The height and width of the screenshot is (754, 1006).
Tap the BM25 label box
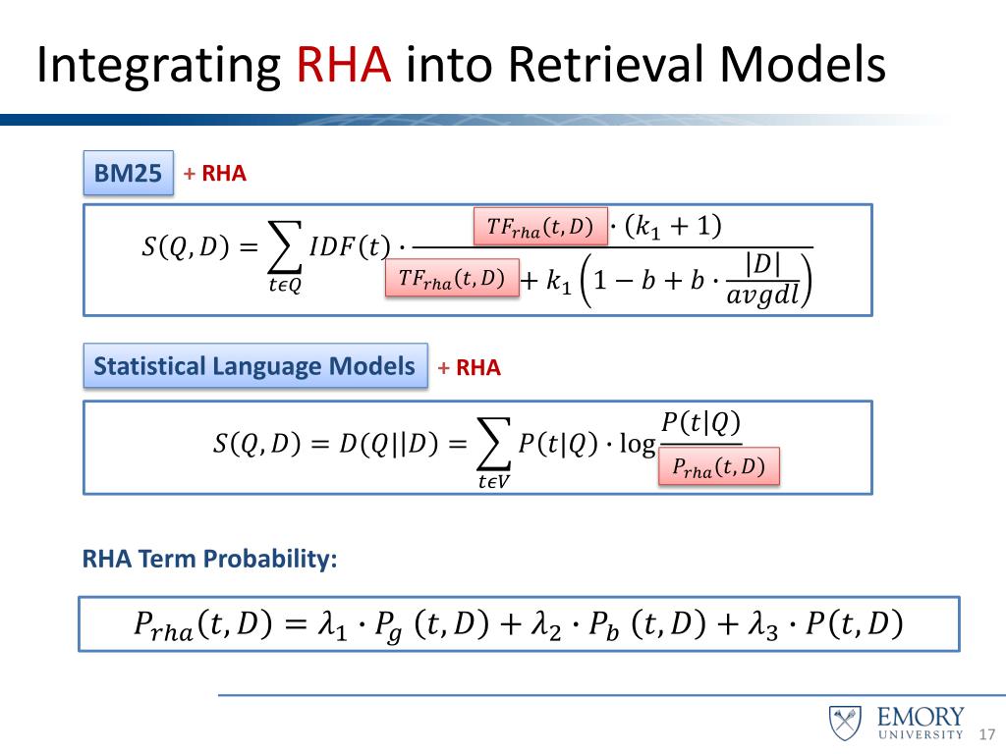click(128, 174)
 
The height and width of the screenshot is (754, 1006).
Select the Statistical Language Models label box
click(254, 366)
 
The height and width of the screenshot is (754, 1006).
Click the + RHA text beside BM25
click(215, 175)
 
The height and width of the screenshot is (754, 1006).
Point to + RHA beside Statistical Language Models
click(470, 368)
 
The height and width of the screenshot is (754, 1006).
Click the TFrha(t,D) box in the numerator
click(540, 227)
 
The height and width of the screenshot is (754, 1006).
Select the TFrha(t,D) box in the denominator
click(452, 280)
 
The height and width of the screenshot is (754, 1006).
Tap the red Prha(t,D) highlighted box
click(718, 467)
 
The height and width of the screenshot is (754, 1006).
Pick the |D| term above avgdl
click(762, 265)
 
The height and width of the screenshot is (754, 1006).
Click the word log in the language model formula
click(638, 446)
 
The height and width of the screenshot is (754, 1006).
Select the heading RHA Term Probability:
click(210, 559)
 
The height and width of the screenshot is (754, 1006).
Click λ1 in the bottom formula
click(336, 624)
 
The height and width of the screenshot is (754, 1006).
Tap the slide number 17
click(987, 735)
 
